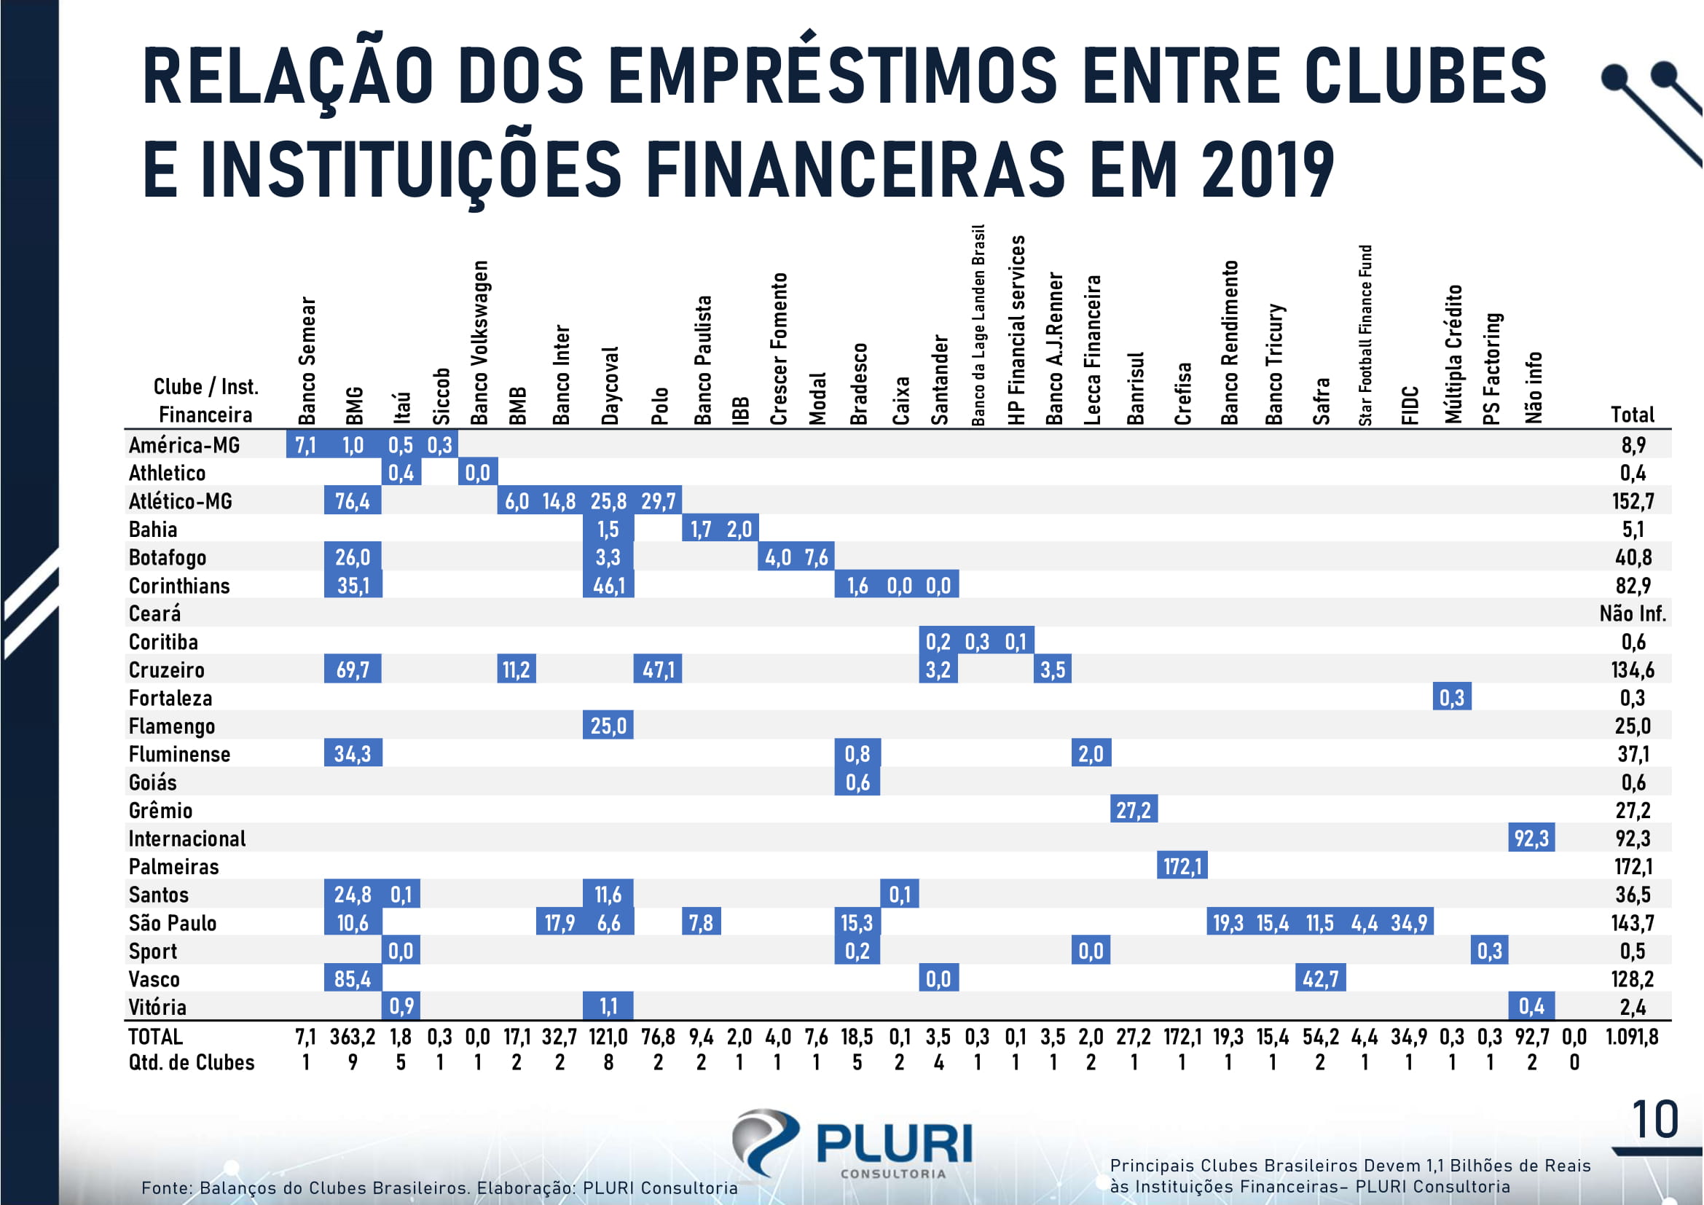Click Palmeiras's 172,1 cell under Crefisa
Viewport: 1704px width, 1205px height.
point(1182,866)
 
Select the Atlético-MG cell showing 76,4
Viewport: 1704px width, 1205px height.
point(353,501)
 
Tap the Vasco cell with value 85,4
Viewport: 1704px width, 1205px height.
point(353,978)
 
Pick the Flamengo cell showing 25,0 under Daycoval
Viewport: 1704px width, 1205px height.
point(608,725)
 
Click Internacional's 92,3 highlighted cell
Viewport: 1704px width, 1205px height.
point(1531,838)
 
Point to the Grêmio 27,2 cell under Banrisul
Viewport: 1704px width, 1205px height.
point(1134,809)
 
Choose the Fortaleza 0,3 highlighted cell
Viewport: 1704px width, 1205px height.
point(1452,697)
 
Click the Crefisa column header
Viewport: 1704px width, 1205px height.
point(1183,393)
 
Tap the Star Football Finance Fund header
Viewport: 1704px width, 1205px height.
point(1365,335)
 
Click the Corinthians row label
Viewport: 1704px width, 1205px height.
point(180,586)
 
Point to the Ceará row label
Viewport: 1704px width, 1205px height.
point(154,613)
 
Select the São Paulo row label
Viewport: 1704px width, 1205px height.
point(172,922)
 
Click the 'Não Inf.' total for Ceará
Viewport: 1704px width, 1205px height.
point(1632,613)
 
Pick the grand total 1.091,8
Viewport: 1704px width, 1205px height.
point(1631,1037)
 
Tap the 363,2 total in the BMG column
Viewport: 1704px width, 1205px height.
point(353,1037)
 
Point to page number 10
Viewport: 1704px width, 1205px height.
point(1654,1120)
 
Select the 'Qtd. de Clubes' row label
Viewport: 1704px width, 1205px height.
point(192,1062)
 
